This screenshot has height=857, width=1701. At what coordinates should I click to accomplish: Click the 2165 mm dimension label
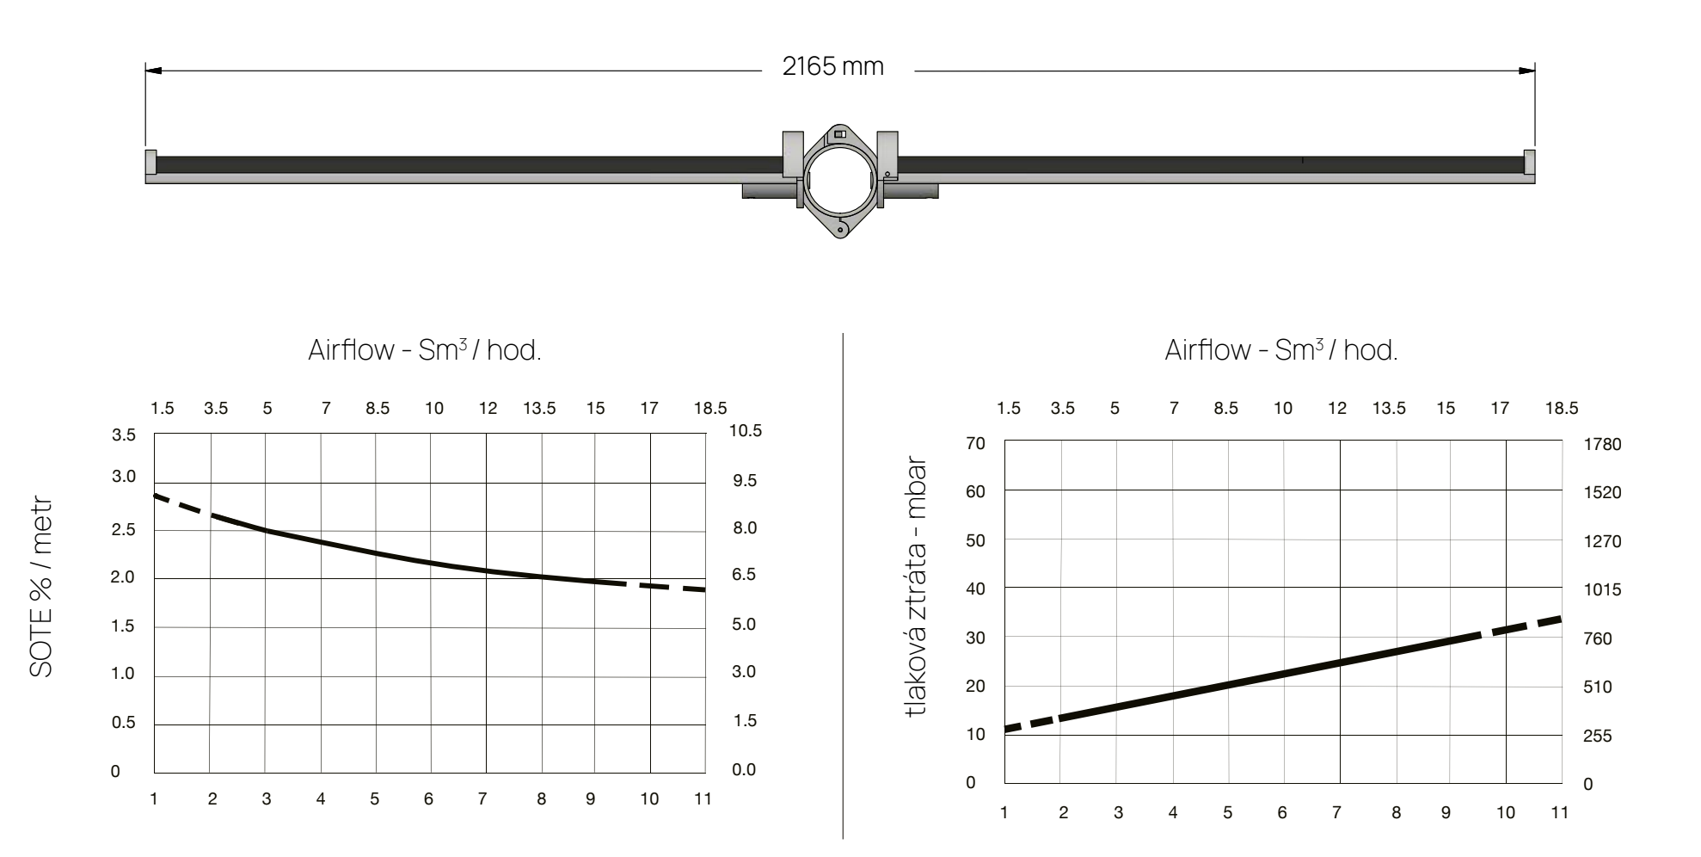[832, 66]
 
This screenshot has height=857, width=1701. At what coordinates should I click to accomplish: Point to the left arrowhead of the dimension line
[153, 71]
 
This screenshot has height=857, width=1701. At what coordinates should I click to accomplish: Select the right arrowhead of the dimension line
[1526, 71]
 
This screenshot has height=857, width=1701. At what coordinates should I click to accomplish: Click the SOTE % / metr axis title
[41, 587]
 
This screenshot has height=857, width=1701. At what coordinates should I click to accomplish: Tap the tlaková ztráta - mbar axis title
[917, 587]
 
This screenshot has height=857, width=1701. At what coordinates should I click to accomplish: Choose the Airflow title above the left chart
[425, 350]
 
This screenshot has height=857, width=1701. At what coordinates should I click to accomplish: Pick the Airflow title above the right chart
[1281, 350]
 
